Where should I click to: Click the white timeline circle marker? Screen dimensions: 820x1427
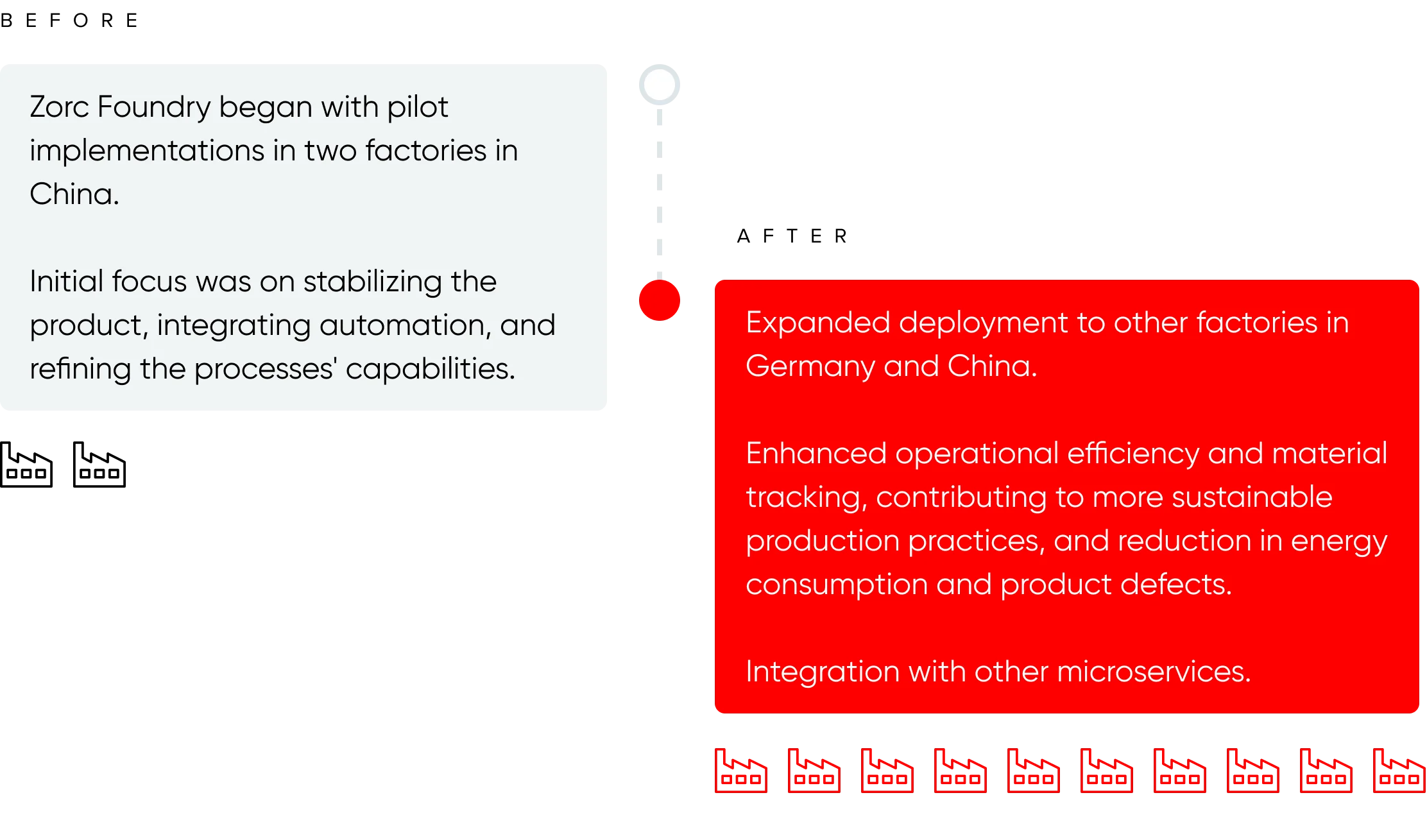tap(659, 85)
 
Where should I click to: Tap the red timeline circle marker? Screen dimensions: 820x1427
tap(659, 300)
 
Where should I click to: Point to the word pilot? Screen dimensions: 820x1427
tap(417, 107)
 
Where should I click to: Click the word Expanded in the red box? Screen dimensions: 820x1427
tap(817, 323)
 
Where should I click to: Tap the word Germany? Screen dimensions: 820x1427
tap(810, 367)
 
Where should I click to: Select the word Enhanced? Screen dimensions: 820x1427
tap(816, 454)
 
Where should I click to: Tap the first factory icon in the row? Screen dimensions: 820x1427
tap(741, 770)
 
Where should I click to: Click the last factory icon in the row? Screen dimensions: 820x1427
tap(1399, 770)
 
